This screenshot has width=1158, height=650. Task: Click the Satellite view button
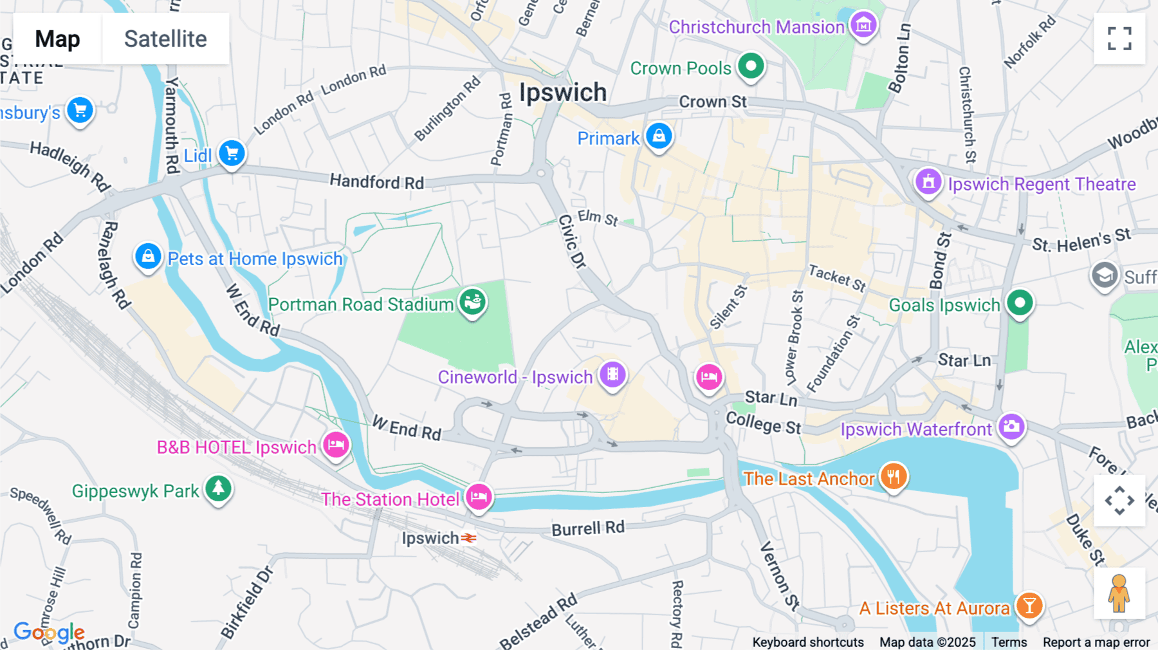coord(165,39)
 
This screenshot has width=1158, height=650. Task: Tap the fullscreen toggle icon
coord(1119,39)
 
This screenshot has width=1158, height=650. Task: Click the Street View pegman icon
coord(1119,593)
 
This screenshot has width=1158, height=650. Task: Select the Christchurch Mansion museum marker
coord(863,25)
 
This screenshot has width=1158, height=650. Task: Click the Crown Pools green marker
coord(750,66)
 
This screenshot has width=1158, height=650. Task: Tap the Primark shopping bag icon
coord(659,136)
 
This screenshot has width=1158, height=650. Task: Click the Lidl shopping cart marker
coord(232,153)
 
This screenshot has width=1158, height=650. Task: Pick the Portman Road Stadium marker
coord(472,301)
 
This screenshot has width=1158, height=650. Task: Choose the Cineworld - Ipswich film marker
coord(612,374)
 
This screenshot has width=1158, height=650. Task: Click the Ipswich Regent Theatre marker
coord(928,182)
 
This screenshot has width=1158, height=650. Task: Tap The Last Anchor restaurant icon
coord(893,477)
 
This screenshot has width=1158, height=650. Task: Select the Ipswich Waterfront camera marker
coord(1011,426)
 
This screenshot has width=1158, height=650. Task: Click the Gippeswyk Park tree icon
coord(218,488)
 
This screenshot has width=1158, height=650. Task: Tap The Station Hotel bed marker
coord(479,497)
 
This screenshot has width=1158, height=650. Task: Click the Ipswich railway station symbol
coord(469,538)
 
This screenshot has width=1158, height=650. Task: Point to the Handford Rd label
coord(377,182)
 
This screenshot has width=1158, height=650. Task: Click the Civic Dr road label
coord(572,241)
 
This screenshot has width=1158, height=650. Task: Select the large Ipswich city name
coord(563,93)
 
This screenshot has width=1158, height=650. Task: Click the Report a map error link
coord(1096,642)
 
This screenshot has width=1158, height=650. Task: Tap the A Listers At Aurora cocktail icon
coord(1029,606)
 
